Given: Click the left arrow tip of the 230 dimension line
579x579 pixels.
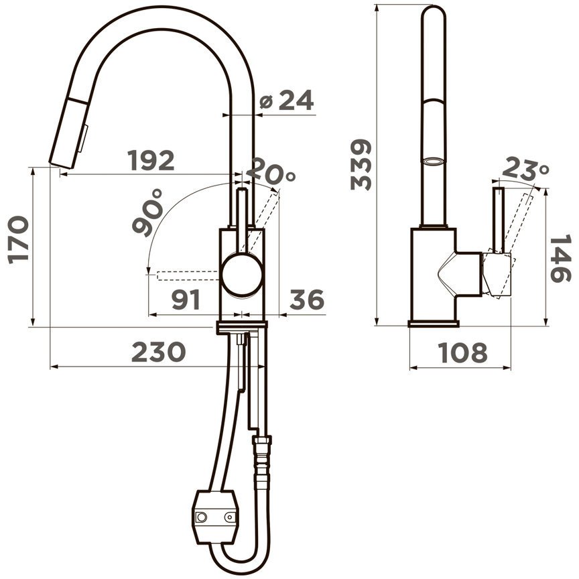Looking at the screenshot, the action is pos(50,367).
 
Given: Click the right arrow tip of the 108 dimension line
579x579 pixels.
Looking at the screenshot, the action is pos(511,368).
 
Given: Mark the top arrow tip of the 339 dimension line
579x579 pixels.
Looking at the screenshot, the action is pos(377,5).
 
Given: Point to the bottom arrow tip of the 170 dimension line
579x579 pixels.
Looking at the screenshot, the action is pos(32,326).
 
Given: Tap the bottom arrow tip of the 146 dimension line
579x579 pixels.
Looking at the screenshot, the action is pos(545,326).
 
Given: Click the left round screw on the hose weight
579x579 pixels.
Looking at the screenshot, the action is pos(202,517).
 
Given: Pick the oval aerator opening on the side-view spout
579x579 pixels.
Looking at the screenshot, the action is pos(432,162).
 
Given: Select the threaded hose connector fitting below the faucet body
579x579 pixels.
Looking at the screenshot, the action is pos(262,458).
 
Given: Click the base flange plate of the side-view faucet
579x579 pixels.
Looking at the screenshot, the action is pos(434,324).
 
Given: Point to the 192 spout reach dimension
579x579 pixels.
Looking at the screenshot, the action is pos(151,160).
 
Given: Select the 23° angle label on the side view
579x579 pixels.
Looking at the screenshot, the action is pos(525,168).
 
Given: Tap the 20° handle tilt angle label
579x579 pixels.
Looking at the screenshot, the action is pos(271,172).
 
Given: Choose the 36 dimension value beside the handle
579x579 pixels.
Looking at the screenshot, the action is pos(307,300).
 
